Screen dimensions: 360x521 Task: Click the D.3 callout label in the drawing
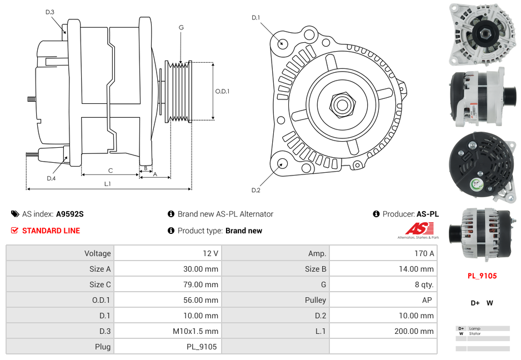pos(50,12)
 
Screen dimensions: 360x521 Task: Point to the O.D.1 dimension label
pos(222,92)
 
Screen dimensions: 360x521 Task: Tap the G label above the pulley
pos(181,27)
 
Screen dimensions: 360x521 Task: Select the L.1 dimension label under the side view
pos(108,183)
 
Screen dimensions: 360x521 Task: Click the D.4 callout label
pos(51,178)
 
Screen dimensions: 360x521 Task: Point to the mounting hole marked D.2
pos(282,163)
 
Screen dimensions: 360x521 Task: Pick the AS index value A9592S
pos(69,214)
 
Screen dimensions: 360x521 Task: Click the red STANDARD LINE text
pos(51,231)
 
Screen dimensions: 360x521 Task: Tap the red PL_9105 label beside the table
pos(482,276)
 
